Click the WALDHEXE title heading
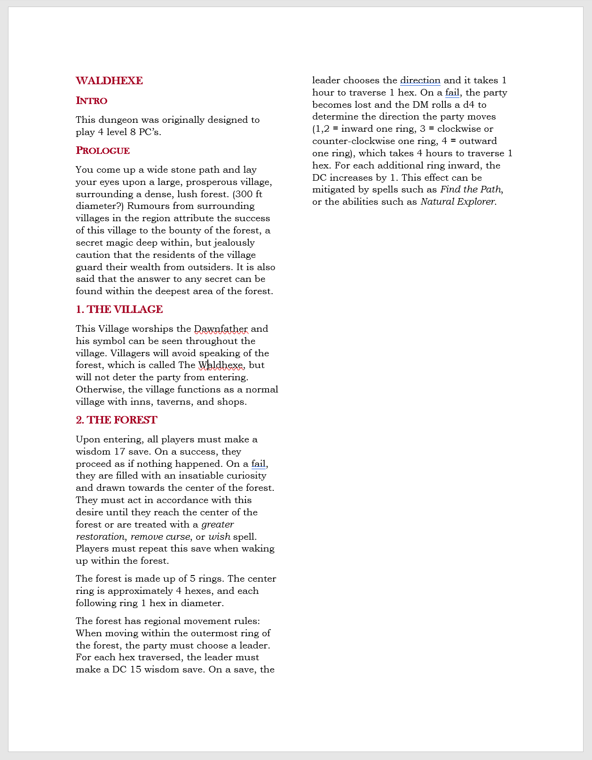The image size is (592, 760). coord(109,81)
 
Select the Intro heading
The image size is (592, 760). coord(92,101)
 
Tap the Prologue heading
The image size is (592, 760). coord(103,151)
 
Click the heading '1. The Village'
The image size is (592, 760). coord(119,310)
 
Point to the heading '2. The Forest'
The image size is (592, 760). coord(116,420)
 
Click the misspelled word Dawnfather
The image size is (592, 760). coord(221,329)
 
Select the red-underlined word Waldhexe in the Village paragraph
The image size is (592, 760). coord(221,365)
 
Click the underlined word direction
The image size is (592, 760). coord(420,80)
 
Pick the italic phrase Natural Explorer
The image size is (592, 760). coord(458,202)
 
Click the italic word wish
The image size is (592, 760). coord(219,537)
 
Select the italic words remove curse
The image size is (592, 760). coord(160,537)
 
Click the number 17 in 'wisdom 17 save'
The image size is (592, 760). coord(119,452)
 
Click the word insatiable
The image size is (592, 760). coord(201,476)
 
